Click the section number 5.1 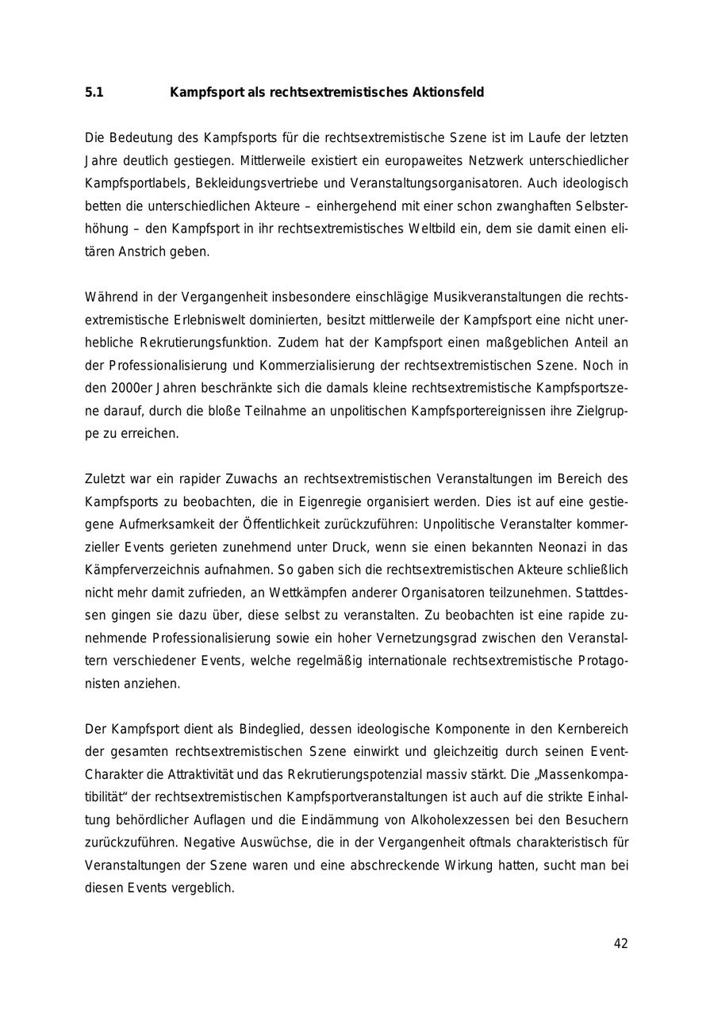point(94,93)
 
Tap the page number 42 point(620,944)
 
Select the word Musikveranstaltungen point(497,297)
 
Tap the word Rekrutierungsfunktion point(207,343)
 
